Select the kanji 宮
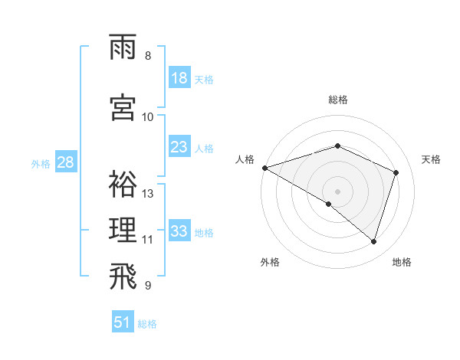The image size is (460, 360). click(x=124, y=107)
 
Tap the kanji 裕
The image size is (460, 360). click(x=124, y=185)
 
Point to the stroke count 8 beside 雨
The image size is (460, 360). click(x=148, y=56)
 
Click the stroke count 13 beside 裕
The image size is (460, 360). click(x=149, y=194)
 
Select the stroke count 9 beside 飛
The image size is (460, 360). click(x=148, y=286)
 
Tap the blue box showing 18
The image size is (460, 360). click(x=179, y=79)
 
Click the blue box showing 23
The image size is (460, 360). click(x=179, y=147)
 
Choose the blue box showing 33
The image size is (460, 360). click(x=179, y=231)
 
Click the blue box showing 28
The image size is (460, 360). click(x=65, y=162)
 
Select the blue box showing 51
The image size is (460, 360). click(x=123, y=322)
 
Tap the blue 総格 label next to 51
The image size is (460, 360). click(x=147, y=324)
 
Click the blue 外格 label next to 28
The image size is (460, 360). click(x=41, y=164)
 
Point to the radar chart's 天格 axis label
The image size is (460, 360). click(x=432, y=159)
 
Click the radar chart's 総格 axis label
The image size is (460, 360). click(x=338, y=100)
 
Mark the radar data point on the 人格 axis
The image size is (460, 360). click(x=264, y=168)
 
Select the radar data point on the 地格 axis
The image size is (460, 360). click(x=374, y=241)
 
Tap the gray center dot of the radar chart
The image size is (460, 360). click(x=337, y=191)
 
